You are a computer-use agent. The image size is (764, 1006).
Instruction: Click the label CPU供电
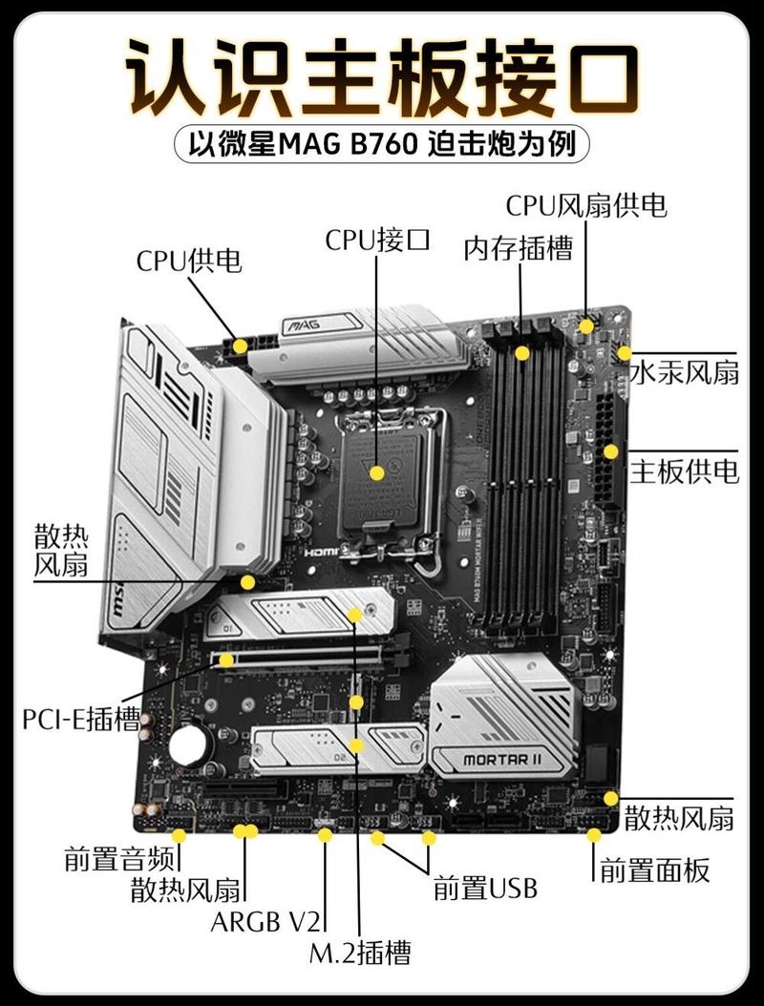point(188,261)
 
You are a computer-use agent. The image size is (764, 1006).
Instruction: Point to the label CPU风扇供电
point(585,204)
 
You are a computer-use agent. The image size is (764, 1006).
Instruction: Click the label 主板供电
point(684,472)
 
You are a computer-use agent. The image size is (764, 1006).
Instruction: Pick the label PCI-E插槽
point(81,718)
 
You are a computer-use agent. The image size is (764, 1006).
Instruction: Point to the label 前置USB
point(485,888)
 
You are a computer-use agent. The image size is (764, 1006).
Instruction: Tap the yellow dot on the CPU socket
point(377,472)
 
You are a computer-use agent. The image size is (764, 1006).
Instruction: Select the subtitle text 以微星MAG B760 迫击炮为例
point(382,146)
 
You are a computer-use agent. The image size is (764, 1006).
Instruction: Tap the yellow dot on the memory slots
point(522,353)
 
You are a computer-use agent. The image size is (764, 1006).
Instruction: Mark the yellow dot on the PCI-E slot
point(226,659)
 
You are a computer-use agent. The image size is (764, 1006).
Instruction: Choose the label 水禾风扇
point(684,372)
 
